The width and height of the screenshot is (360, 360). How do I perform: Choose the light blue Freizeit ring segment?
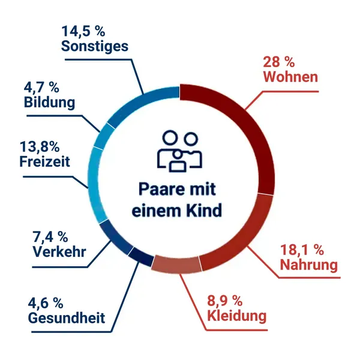coord(95,180)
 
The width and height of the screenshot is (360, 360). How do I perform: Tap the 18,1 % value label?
coord(303,249)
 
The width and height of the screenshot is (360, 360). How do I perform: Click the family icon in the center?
coord(179,150)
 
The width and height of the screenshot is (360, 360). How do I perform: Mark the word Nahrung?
coord(311,264)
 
